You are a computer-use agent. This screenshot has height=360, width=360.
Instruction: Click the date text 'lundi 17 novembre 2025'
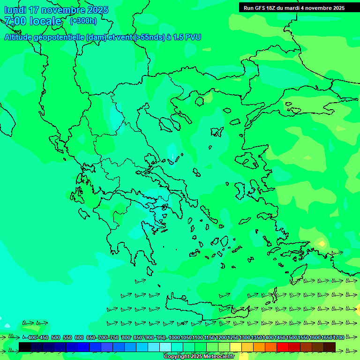pos(56,10)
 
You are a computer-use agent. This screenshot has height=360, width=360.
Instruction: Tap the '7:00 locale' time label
pos(33,21)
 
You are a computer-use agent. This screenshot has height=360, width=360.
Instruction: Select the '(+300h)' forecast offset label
pos(83,21)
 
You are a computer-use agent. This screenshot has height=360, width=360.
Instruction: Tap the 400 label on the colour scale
pos(32,337)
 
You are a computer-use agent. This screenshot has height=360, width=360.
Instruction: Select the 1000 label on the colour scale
pos(174,337)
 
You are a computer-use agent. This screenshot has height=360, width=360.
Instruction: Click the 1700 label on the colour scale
pos(338,337)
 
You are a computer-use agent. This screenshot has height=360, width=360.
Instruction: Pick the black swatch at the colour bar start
pos(25,347)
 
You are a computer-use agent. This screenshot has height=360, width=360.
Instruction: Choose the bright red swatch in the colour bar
pos(283,347)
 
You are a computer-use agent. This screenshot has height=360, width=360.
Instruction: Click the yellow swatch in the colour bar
pos(236,347)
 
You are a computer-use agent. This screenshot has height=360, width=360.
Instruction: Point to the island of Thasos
pos(200,100)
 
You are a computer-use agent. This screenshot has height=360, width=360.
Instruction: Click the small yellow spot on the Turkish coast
pos(322,244)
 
